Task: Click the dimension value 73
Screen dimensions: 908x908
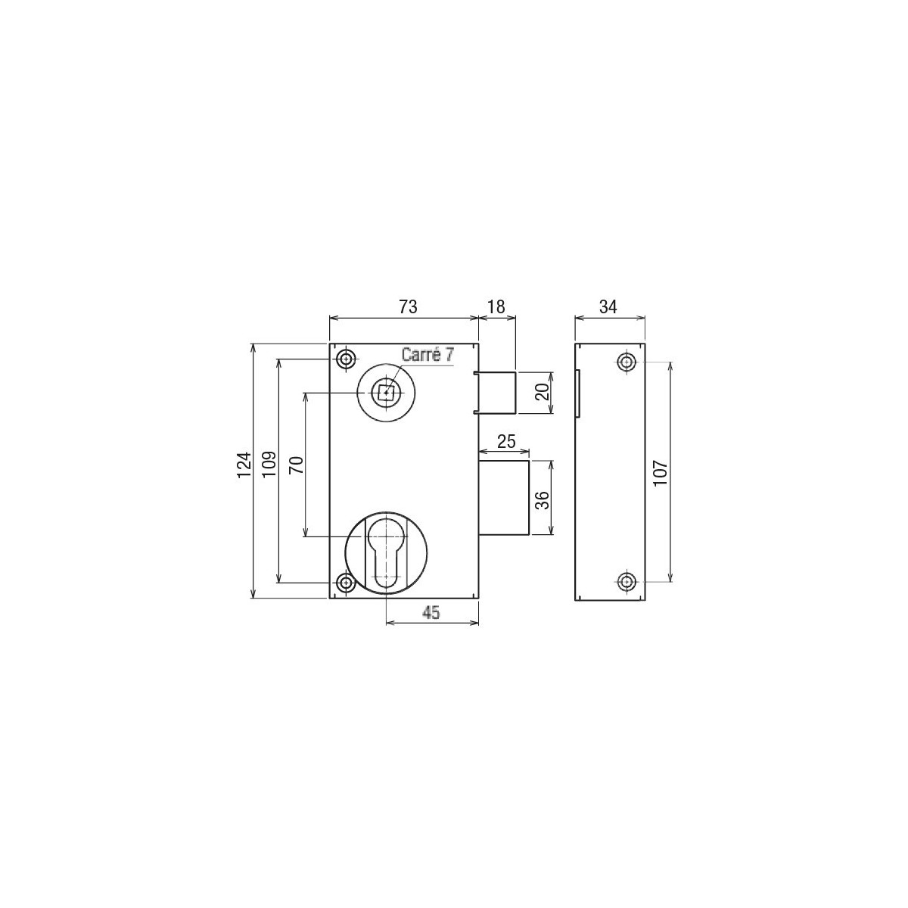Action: pos(408,306)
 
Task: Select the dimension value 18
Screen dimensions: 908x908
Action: pos(496,306)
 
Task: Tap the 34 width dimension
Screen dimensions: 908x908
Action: pos(608,306)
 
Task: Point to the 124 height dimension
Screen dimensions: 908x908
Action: pos(244,465)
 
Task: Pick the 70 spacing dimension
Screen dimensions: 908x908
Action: pos(296,465)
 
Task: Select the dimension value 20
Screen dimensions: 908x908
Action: pos(543,391)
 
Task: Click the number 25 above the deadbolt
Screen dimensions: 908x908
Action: pos(506,441)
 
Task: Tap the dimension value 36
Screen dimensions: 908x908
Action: pos(543,500)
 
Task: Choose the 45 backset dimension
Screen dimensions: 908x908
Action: pos(431,613)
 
